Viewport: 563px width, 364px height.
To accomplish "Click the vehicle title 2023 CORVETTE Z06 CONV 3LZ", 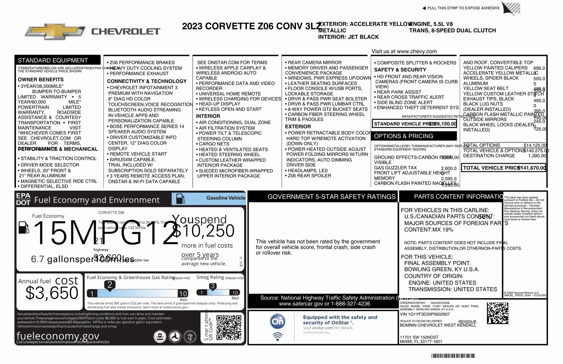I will [x=251, y=26].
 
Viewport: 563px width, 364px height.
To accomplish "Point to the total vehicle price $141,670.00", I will [x=532, y=168].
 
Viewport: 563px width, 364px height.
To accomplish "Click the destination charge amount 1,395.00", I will [x=537, y=156].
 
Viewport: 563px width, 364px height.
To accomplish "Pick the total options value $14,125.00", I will [x=535, y=145].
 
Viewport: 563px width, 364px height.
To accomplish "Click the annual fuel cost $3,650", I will [x=52, y=293].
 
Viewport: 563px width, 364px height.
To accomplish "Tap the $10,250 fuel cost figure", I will [x=204, y=231].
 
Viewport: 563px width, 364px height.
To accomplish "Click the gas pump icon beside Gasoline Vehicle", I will [x=180, y=199].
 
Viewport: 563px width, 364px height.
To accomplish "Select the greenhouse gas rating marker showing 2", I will [x=110, y=285].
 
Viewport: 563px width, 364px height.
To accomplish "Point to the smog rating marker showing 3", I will [x=213, y=286].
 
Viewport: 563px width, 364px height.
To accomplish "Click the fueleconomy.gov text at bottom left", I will [x=58, y=336].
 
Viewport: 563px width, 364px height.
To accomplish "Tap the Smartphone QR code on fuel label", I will [x=229, y=327].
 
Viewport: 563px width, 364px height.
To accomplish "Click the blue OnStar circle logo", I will [x=277, y=322].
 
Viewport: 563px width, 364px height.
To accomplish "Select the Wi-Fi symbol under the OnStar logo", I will [x=277, y=336].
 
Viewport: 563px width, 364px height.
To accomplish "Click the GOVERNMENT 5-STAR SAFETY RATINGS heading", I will [x=331, y=197].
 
